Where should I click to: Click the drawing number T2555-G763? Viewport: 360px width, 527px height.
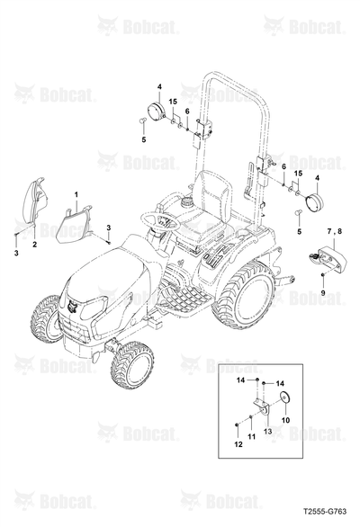(x=325, y=511)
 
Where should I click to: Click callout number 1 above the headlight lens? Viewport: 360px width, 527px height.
(x=76, y=194)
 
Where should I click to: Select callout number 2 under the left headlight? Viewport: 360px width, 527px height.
(x=35, y=245)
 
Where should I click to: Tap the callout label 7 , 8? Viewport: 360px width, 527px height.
(x=334, y=231)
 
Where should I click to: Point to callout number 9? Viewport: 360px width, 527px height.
(x=323, y=293)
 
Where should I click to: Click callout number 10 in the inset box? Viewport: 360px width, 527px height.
(x=285, y=420)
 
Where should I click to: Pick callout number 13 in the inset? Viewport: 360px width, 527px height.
(x=268, y=431)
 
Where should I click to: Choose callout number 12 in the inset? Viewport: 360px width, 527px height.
(x=238, y=444)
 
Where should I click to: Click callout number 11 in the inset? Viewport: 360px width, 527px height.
(x=251, y=436)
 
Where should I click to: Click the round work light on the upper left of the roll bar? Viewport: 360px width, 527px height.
(x=156, y=111)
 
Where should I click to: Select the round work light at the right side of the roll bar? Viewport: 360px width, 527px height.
(x=314, y=201)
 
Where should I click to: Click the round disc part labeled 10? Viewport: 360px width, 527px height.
(x=285, y=397)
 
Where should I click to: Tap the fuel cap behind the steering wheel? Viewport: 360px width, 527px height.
(x=186, y=202)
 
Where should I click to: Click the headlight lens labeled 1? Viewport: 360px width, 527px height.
(x=75, y=225)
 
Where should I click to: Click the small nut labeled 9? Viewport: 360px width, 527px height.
(x=322, y=275)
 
